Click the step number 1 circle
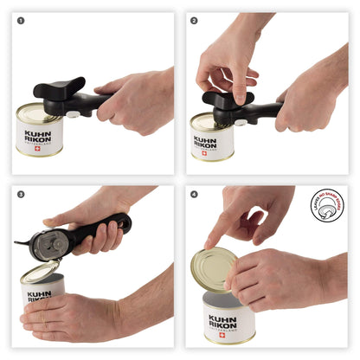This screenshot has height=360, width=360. click(x=21, y=20)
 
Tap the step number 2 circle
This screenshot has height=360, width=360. click(x=194, y=20)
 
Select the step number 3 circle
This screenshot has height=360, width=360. click(x=21, y=195)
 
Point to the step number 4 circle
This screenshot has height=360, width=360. click(x=194, y=195)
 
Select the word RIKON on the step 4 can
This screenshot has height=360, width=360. click(x=223, y=325)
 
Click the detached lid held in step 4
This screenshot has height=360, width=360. click(x=213, y=269)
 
